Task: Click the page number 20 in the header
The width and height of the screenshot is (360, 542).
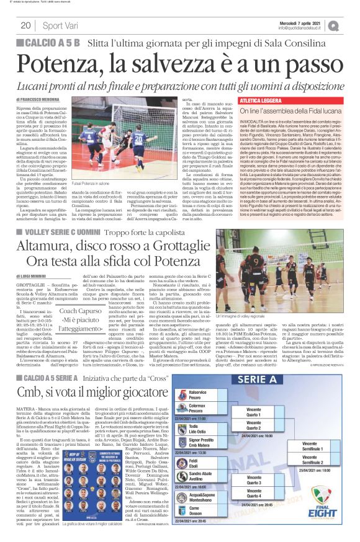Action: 25,25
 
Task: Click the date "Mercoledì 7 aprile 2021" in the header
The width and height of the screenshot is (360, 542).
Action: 304,22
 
